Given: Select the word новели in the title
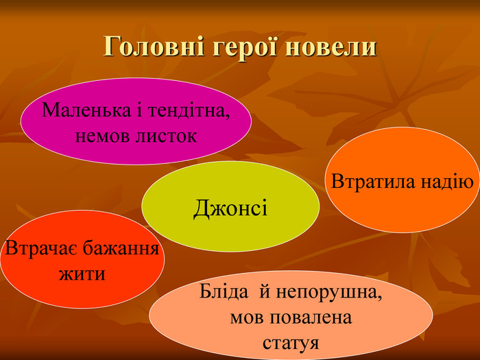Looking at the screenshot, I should pos(331,47).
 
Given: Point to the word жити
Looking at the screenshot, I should pos(82,274).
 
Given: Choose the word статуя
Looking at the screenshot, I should pos(291,343).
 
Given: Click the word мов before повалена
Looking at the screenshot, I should pos(245,318).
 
